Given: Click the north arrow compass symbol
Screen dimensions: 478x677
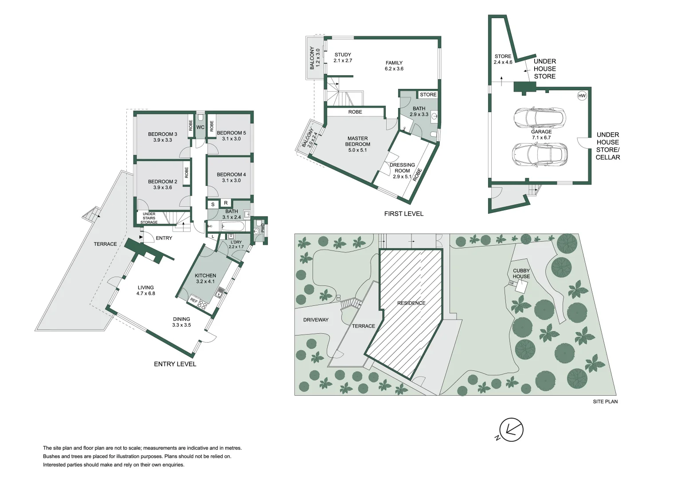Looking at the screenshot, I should [x=511, y=430].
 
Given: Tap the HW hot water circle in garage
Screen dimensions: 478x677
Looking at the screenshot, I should [x=582, y=96].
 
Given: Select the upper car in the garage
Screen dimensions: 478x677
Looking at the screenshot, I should [x=539, y=118].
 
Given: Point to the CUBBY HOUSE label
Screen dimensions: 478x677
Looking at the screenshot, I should [x=521, y=274].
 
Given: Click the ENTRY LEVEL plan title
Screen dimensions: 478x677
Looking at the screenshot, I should [x=175, y=364].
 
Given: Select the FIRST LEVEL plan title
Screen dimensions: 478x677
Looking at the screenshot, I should [x=403, y=214].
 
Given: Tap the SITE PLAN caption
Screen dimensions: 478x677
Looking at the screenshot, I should [x=605, y=402].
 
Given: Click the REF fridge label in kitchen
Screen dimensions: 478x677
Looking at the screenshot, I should [x=194, y=300].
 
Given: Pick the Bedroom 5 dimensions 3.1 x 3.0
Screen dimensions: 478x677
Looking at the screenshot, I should [x=231, y=139].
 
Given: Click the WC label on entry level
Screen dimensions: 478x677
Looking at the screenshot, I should [x=200, y=127].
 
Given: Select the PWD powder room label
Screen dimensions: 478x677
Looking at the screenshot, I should [x=262, y=228].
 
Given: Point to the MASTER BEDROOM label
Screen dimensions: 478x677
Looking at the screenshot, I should [x=357, y=141].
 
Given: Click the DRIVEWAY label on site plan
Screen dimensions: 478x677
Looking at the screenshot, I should [x=316, y=320].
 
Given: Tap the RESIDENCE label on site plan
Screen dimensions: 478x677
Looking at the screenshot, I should [x=411, y=303].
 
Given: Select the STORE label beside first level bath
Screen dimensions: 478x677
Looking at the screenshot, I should [x=428, y=95].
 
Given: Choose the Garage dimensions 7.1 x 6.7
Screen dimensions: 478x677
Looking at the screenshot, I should [x=541, y=138].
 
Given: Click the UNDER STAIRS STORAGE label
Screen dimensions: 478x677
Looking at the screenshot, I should [x=149, y=218].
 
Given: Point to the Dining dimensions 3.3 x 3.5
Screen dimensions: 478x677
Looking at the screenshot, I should [x=181, y=325].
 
